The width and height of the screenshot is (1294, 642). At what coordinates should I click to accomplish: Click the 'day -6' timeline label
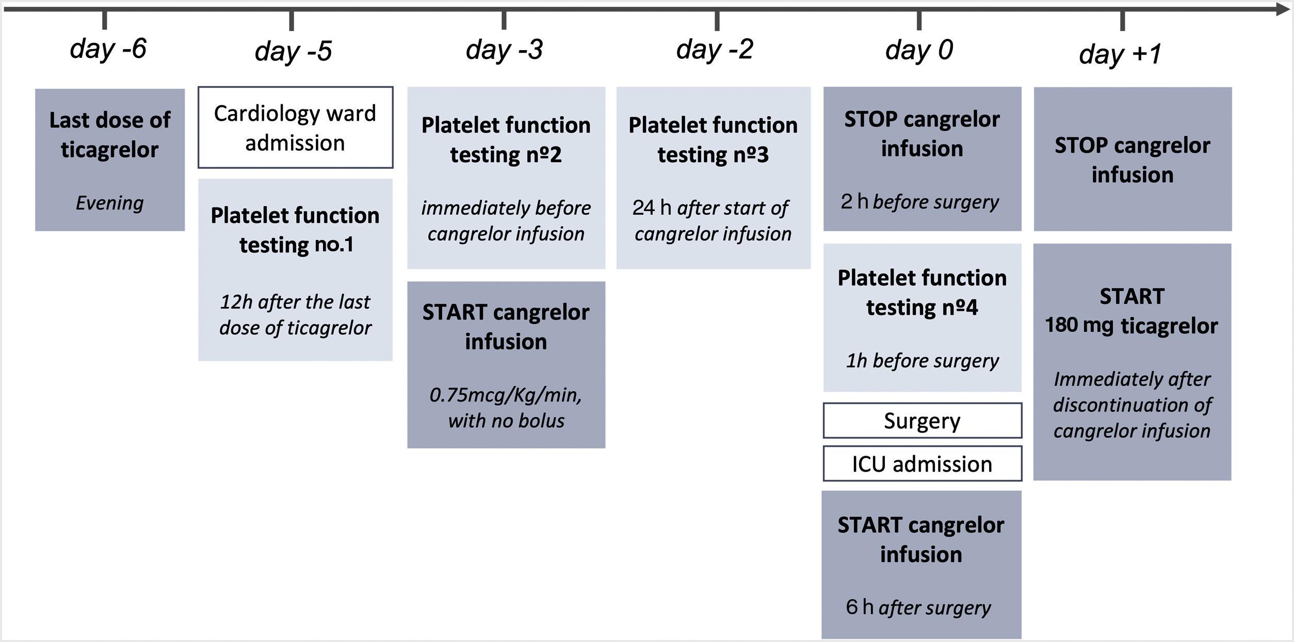point(108,49)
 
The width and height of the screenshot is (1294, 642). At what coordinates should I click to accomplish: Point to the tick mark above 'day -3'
point(504,20)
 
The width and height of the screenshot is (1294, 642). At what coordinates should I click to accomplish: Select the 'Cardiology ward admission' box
point(295,127)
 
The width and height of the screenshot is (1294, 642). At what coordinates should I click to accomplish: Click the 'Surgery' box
point(922,421)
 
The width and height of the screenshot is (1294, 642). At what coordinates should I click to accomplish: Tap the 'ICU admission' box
point(922,464)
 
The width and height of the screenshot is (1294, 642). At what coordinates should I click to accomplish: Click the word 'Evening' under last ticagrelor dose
point(109,203)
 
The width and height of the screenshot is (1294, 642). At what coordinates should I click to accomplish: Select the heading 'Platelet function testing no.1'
point(295,230)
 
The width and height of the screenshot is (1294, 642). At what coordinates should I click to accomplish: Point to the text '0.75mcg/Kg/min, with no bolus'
point(506,408)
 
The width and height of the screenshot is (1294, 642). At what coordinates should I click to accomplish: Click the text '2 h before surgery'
point(920,202)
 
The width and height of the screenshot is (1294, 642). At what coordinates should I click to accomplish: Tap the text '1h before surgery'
point(922,360)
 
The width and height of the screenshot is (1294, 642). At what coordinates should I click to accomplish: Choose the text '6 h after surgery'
point(918,607)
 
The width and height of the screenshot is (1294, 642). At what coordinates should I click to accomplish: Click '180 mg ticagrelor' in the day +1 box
point(1131,326)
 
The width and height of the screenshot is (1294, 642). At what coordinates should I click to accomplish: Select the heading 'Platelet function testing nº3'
point(713,140)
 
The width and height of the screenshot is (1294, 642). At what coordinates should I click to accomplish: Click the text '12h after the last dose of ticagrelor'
point(295,314)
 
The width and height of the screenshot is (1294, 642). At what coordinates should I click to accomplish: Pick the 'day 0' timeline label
point(919,50)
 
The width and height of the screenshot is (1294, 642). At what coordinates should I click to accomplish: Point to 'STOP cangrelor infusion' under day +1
point(1132,159)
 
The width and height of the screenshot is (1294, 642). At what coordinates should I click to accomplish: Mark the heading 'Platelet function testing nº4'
point(922,292)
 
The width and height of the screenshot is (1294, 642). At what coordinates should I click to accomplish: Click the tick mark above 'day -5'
point(292,21)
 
